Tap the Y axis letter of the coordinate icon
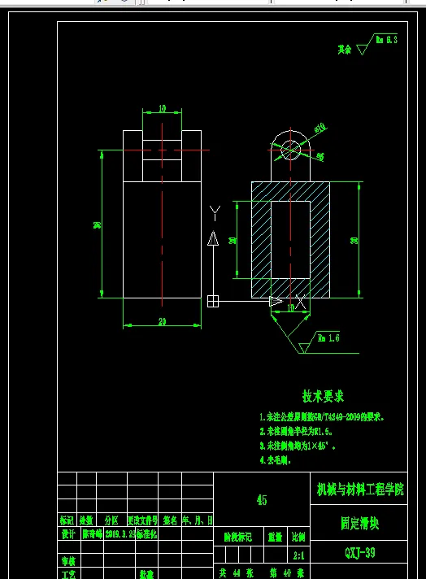click(215, 213)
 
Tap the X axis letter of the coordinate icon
click(301, 301)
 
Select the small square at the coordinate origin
click(213, 301)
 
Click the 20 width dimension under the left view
click(162, 322)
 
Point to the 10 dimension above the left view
click(162, 108)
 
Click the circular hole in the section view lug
click(289, 150)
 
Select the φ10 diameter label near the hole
click(319, 128)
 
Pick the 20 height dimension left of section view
click(233, 240)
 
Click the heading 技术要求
click(323, 396)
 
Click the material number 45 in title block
click(261, 500)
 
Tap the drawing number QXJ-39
click(360, 552)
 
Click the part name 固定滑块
click(360, 525)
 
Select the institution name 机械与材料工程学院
click(370, 490)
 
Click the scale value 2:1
click(298, 557)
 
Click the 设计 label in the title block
click(67, 536)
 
